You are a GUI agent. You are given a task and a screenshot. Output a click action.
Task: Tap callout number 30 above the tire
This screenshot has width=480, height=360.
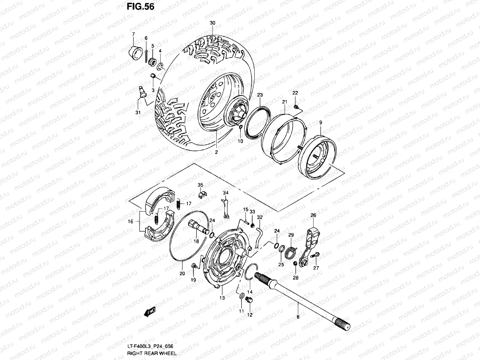pyautogui.click(x=213, y=23)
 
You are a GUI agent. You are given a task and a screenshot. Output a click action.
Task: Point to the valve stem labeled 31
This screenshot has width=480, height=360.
pyautogui.click(x=142, y=91)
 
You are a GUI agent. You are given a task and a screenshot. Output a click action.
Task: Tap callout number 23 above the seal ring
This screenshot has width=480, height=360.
pyautogui.click(x=260, y=95)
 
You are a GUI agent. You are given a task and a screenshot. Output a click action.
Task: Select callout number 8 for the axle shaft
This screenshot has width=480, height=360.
pyautogui.click(x=298, y=316)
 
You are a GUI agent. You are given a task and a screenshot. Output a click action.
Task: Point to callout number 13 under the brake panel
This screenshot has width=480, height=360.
pyautogui.click(x=222, y=298)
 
